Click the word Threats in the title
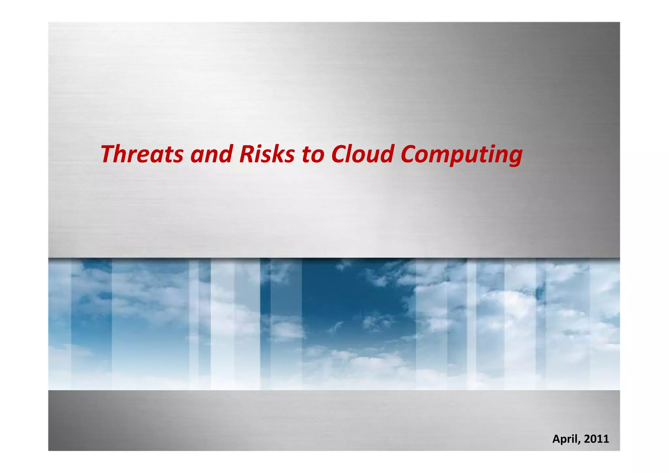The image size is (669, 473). coord(142,154)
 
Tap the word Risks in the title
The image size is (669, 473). coord(267,154)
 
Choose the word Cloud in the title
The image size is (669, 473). coord(362,154)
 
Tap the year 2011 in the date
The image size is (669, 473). coord(596,439)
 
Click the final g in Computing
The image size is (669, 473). coord(515,157)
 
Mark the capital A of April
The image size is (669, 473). coord(556,439)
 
